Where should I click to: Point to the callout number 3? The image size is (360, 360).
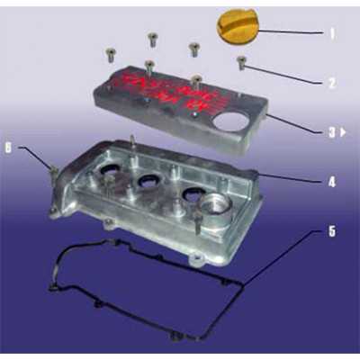[x=330, y=131]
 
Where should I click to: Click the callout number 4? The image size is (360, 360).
[x=331, y=182]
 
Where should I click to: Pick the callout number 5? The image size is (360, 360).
[x=331, y=231]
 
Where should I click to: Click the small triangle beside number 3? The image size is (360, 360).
[x=344, y=132]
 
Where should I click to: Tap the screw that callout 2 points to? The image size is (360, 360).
[x=241, y=63]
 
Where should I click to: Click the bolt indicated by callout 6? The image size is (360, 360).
[x=54, y=169]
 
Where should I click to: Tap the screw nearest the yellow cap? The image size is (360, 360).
[x=193, y=47]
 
